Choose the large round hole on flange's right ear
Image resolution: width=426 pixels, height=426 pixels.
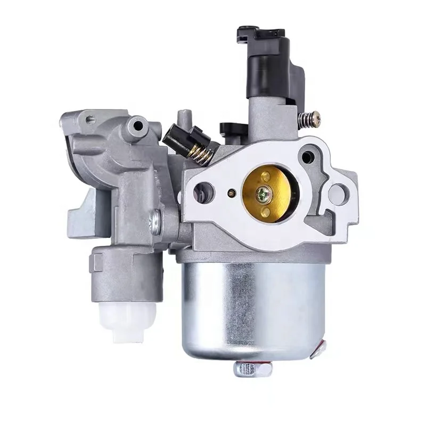(x=337, y=193)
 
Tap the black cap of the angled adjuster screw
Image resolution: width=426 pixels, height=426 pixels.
(x=175, y=139)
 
